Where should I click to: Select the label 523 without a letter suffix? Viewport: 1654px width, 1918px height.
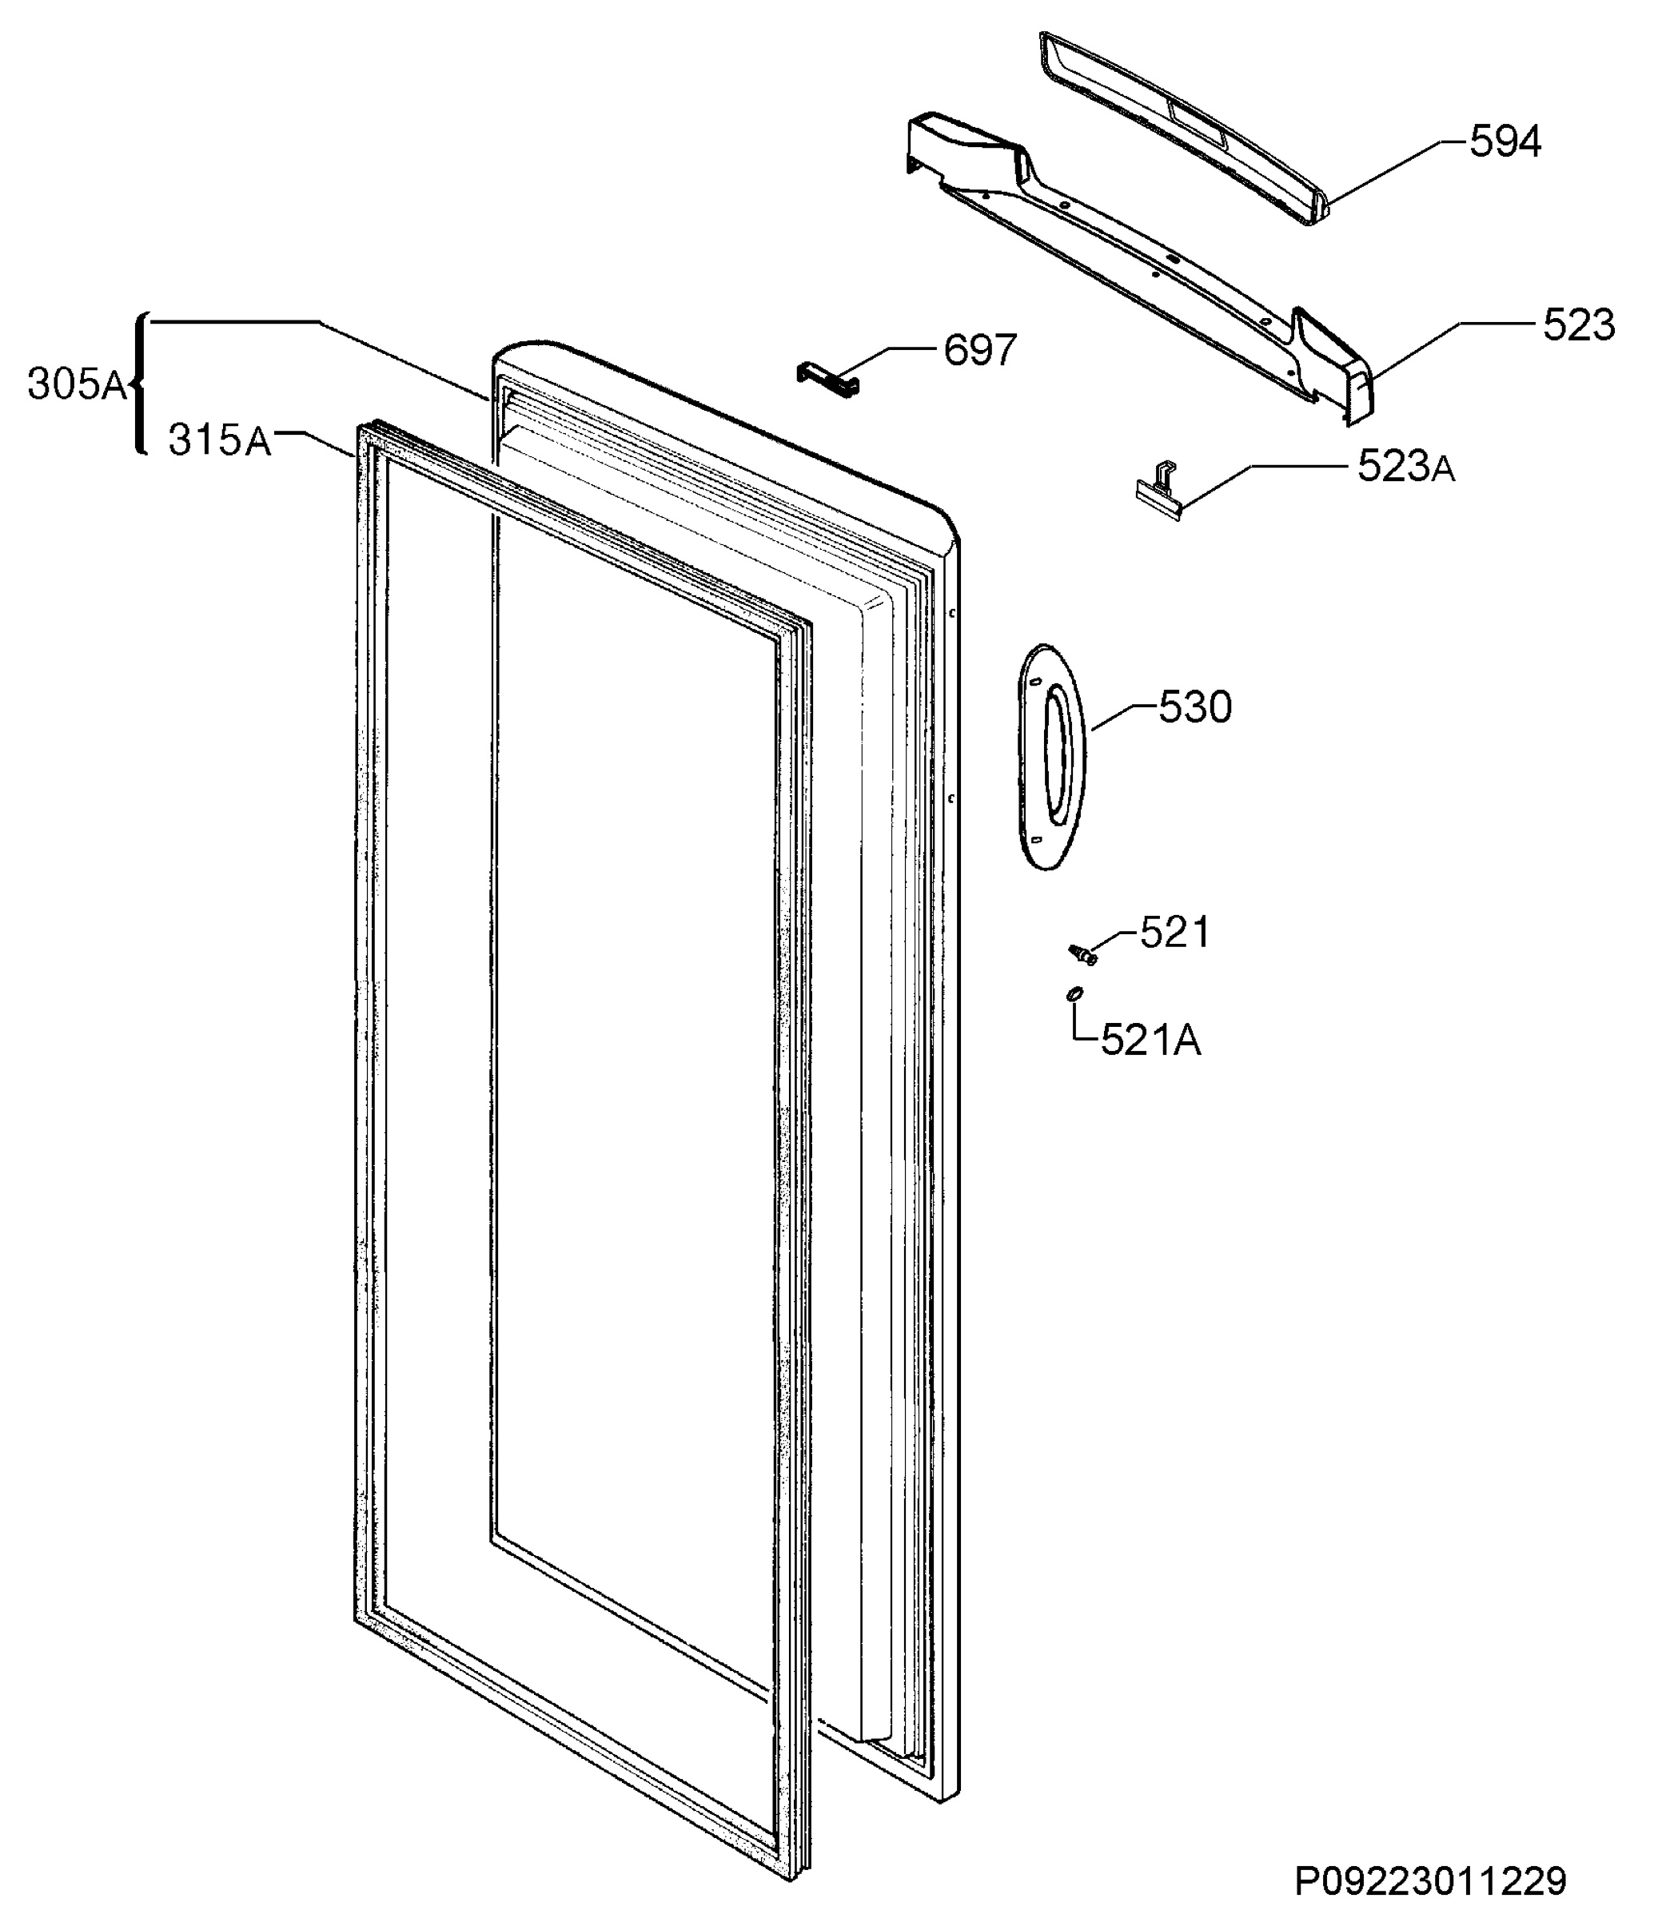(1579, 326)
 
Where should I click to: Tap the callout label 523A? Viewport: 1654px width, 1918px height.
(1406, 467)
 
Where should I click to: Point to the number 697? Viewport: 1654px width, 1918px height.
(980, 350)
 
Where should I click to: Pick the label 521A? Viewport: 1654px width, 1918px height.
(1151, 1041)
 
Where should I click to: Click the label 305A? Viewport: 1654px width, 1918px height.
(77, 384)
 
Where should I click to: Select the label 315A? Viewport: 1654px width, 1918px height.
(220, 440)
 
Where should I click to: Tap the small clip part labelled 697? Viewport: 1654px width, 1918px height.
(828, 380)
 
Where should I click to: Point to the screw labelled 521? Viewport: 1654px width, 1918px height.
(1082, 953)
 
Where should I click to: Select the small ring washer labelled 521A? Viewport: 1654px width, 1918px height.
(1074, 994)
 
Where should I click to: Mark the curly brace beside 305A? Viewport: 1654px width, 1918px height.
(139, 384)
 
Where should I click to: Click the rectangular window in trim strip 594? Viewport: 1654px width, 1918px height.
(1198, 126)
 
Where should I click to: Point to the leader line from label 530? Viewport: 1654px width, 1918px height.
(1124, 718)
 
